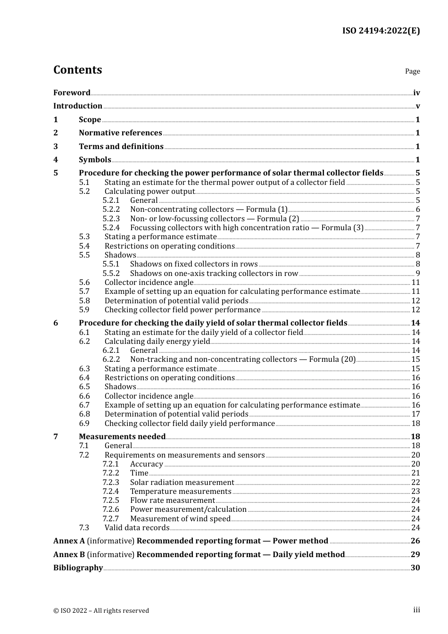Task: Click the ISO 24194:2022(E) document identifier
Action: [381, 31]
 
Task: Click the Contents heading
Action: [77, 70]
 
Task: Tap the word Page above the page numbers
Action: [412, 71]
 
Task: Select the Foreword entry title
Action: [72, 93]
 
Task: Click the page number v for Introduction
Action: [417, 106]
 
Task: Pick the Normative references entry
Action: [120, 133]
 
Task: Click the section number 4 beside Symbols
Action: [56, 160]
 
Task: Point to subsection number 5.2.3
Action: [111, 219]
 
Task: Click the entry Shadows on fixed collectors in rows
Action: [194, 264]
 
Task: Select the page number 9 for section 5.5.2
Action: [417, 274]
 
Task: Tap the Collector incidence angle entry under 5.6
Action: [149, 283]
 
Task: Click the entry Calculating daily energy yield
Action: [157, 342]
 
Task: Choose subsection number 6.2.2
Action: [111, 359]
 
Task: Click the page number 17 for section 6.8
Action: [415, 414]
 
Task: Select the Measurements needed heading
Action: [122, 437]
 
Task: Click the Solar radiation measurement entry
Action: [182, 483]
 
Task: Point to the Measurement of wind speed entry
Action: [180, 519]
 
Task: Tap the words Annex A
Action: [69, 541]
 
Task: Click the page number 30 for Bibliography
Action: [415, 568]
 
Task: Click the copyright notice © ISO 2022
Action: [101, 610]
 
